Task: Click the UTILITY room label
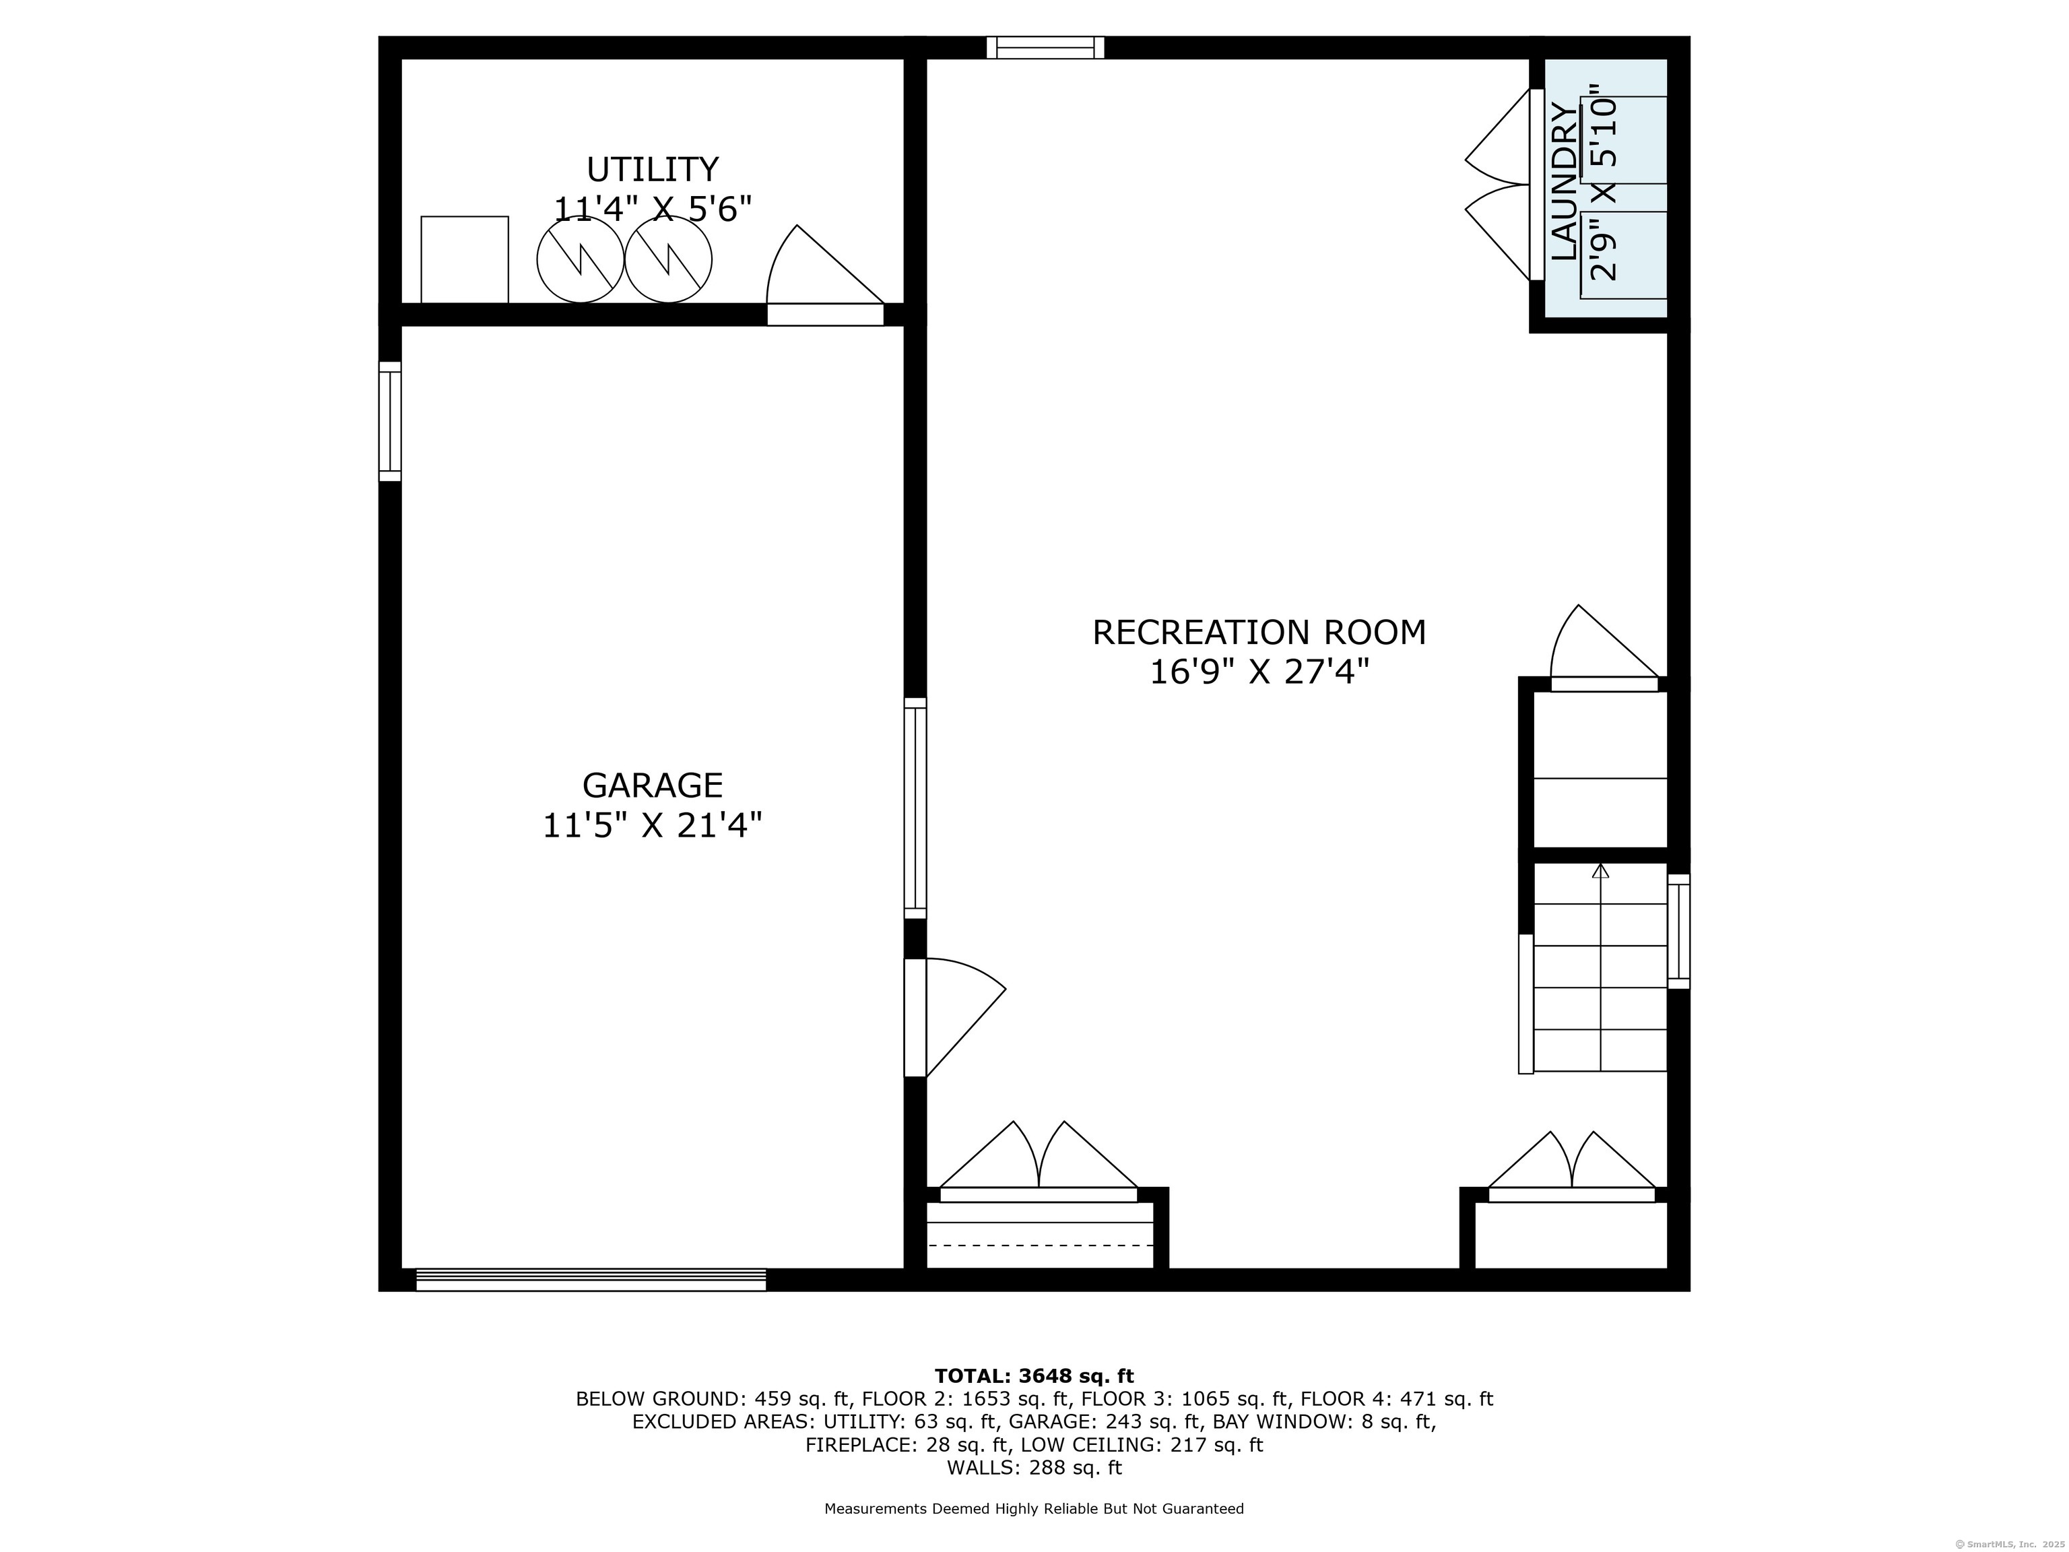(x=652, y=169)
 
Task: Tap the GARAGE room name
(x=652, y=785)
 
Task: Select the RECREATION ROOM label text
(x=1259, y=633)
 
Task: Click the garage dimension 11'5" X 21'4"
(x=652, y=825)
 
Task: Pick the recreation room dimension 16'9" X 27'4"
(x=1259, y=672)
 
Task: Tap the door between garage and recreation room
(x=954, y=1017)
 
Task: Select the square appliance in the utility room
(x=465, y=259)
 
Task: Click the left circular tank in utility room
(x=580, y=260)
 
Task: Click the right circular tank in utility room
(x=668, y=260)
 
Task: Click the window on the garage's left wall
(x=390, y=421)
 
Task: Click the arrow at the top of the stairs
(x=1600, y=871)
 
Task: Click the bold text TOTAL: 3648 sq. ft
(x=1034, y=1376)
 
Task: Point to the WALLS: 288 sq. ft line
(x=1034, y=1468)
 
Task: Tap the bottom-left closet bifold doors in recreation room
(x=1039, y=1161)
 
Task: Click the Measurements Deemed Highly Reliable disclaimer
(x=1034, y=1508)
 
